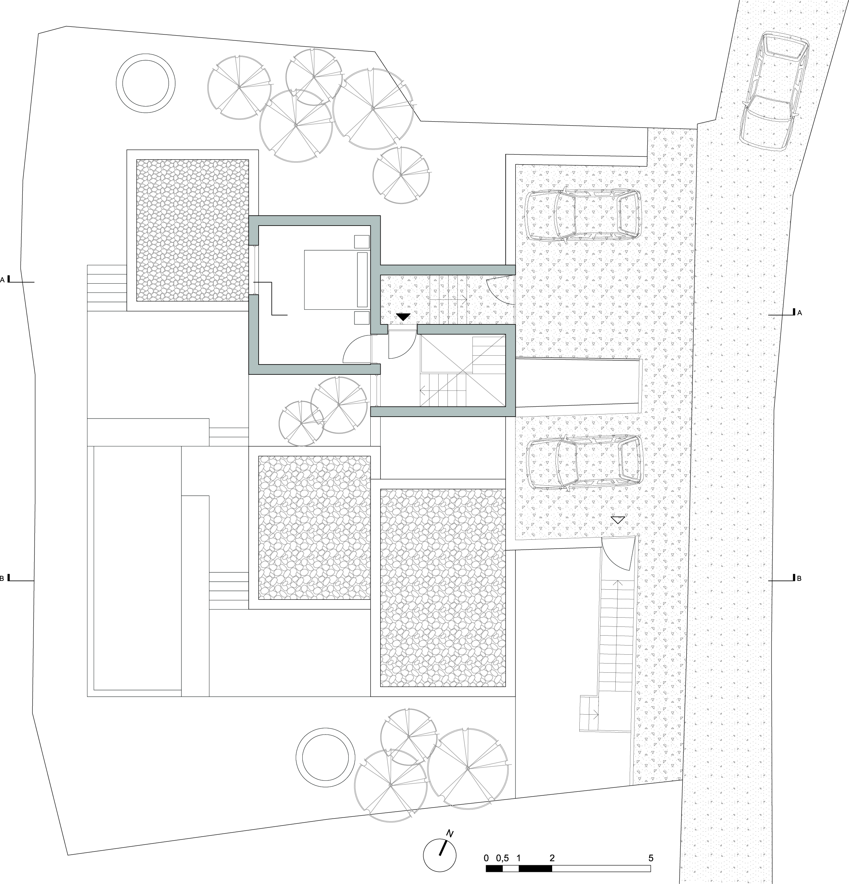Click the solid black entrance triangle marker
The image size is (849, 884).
tap(403, 317)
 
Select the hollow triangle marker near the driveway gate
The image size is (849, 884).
tap(618, 520)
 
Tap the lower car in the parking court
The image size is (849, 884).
tap(585, 462)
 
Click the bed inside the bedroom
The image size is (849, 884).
tap(337, 280)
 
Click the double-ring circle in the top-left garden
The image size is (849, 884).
tap(145, 83)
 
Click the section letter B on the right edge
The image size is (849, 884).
tap(799, 579)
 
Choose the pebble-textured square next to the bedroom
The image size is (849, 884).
tap(193, 230)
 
